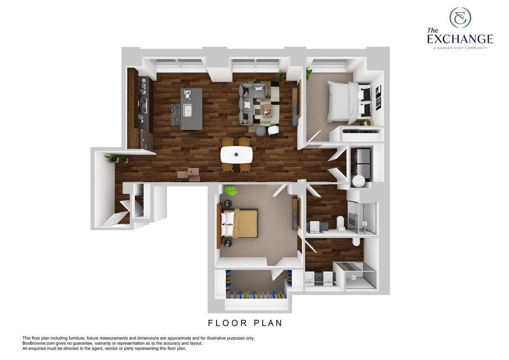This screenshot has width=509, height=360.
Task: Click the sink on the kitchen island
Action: click(x=188, y=110)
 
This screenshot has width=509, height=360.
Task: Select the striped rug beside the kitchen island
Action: click(x=176, y=114)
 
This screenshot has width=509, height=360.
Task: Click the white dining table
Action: click(x=236, y=154)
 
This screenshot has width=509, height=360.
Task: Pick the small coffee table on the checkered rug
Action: click(x=268, y=110)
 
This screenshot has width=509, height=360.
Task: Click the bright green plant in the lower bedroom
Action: click(x=230, y=190)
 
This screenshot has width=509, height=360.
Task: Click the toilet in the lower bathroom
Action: click(x=356, y=242)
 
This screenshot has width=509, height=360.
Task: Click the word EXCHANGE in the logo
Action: click(x=460, y=39)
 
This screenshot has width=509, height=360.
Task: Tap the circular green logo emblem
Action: click(x=460, y=17)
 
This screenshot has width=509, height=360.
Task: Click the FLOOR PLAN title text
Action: click(x=245, y=323)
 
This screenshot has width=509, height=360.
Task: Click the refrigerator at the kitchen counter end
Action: click(x=147, y=140)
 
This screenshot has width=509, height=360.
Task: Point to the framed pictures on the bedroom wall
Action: click(x=378, y=97)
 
